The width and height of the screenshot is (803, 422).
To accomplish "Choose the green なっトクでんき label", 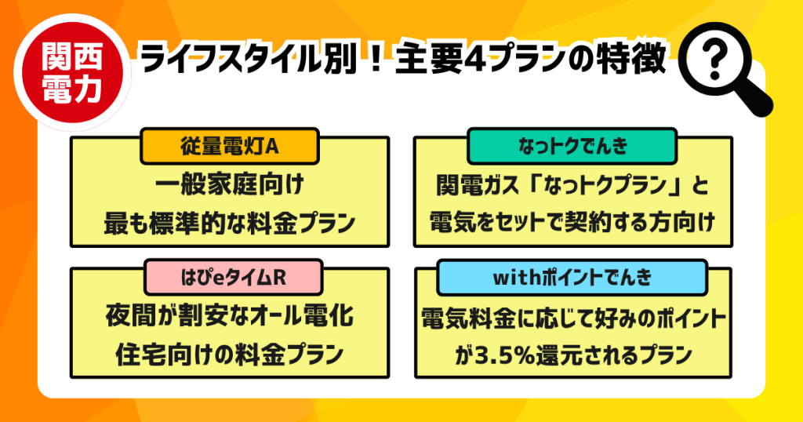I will coord(572,144).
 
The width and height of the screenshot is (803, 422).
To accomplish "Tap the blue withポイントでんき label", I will coord(572,275).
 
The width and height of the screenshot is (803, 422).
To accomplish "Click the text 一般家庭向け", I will coord(229,187).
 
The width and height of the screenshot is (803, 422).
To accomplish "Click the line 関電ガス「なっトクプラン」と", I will coord(572,187).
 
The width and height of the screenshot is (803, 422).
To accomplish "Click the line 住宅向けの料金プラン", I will coord(229,354).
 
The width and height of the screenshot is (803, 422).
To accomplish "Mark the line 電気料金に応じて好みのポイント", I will coord(572,319).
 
